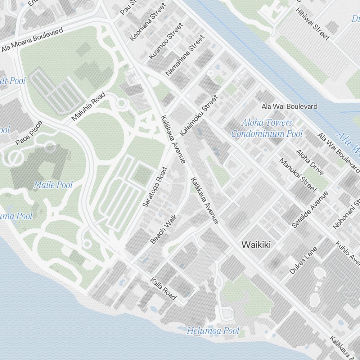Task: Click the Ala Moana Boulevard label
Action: click(32, 39)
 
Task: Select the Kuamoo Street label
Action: click(166, 41)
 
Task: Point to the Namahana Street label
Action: click(185, 55)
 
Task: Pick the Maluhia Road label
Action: click(88, 107)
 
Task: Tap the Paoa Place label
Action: click(29, 133)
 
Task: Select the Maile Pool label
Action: click(53, 185)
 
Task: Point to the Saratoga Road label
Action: click(155, 187)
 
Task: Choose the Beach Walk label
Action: click(164, 229)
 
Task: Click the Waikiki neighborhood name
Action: click(256, 244)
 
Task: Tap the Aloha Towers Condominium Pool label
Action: click(267, 128)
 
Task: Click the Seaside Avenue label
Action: click(310, 209)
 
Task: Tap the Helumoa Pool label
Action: click(213, 330)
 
